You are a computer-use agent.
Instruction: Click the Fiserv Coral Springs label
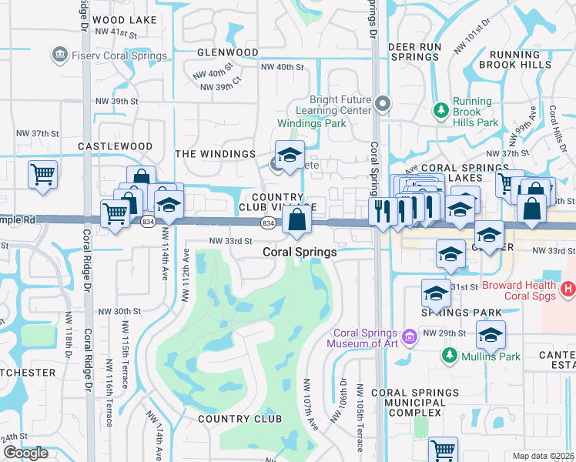[117, 55]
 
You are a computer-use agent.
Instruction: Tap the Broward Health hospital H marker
[568, 290]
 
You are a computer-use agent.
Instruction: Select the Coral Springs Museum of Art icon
[409, 336]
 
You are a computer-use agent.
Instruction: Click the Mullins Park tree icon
[449, 355]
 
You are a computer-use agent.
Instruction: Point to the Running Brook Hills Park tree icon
[441, 112]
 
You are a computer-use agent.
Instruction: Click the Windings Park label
[310, 123]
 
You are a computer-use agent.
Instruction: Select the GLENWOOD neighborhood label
[227, 52]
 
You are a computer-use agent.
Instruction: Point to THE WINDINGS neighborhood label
[215, 154]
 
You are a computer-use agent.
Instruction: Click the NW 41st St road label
[116, 33]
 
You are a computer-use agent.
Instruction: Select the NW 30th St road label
[119, 311]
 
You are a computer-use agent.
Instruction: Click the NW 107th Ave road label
[311, 403]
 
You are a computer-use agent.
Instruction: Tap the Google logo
[25, 453]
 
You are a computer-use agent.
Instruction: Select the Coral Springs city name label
[300, 252]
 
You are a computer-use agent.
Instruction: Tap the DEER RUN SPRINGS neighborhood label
[414, 52]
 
